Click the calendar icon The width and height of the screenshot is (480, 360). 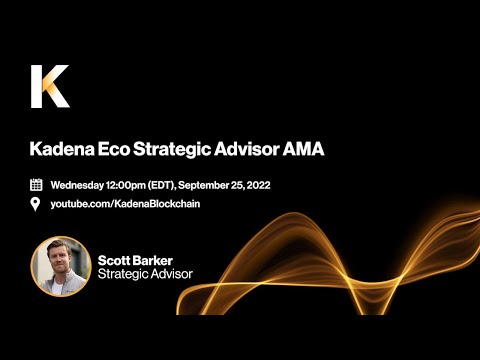[36, 185]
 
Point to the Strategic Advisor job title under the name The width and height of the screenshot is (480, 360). [145, 274]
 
